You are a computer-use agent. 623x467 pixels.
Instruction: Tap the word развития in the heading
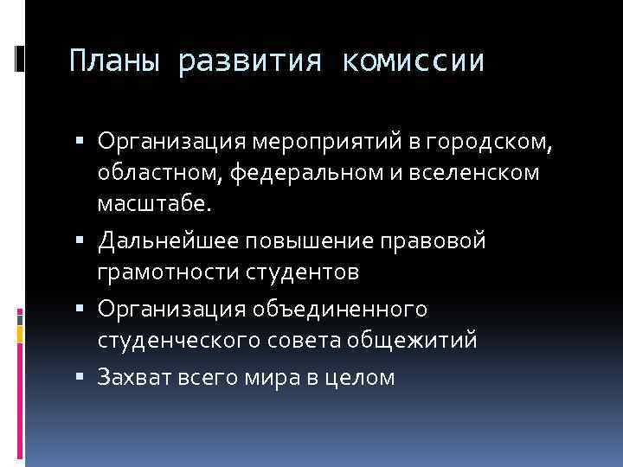(x=250, y=61)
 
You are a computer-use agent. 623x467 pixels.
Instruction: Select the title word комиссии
(x=412, y=61)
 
